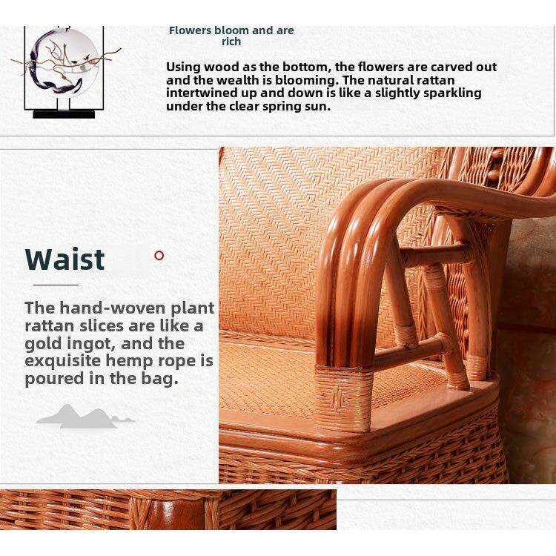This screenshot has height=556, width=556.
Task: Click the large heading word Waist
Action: tap(65, 259)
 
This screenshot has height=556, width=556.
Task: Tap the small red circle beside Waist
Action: tap(159, 255)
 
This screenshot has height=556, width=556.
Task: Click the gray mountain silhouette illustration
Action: tap(85, 417)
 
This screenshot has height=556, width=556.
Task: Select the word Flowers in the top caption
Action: tap(190, 30)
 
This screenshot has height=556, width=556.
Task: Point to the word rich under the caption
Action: tap(231, 42)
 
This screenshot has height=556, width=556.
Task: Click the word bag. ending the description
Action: tap(160, 378)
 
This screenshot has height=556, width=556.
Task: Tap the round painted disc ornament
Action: tap(64, 61)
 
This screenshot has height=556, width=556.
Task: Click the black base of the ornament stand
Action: tap(64, 114)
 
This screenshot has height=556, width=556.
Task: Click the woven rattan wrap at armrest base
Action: tap(343, 398)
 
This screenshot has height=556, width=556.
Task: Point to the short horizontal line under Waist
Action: tap(56, 285)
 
